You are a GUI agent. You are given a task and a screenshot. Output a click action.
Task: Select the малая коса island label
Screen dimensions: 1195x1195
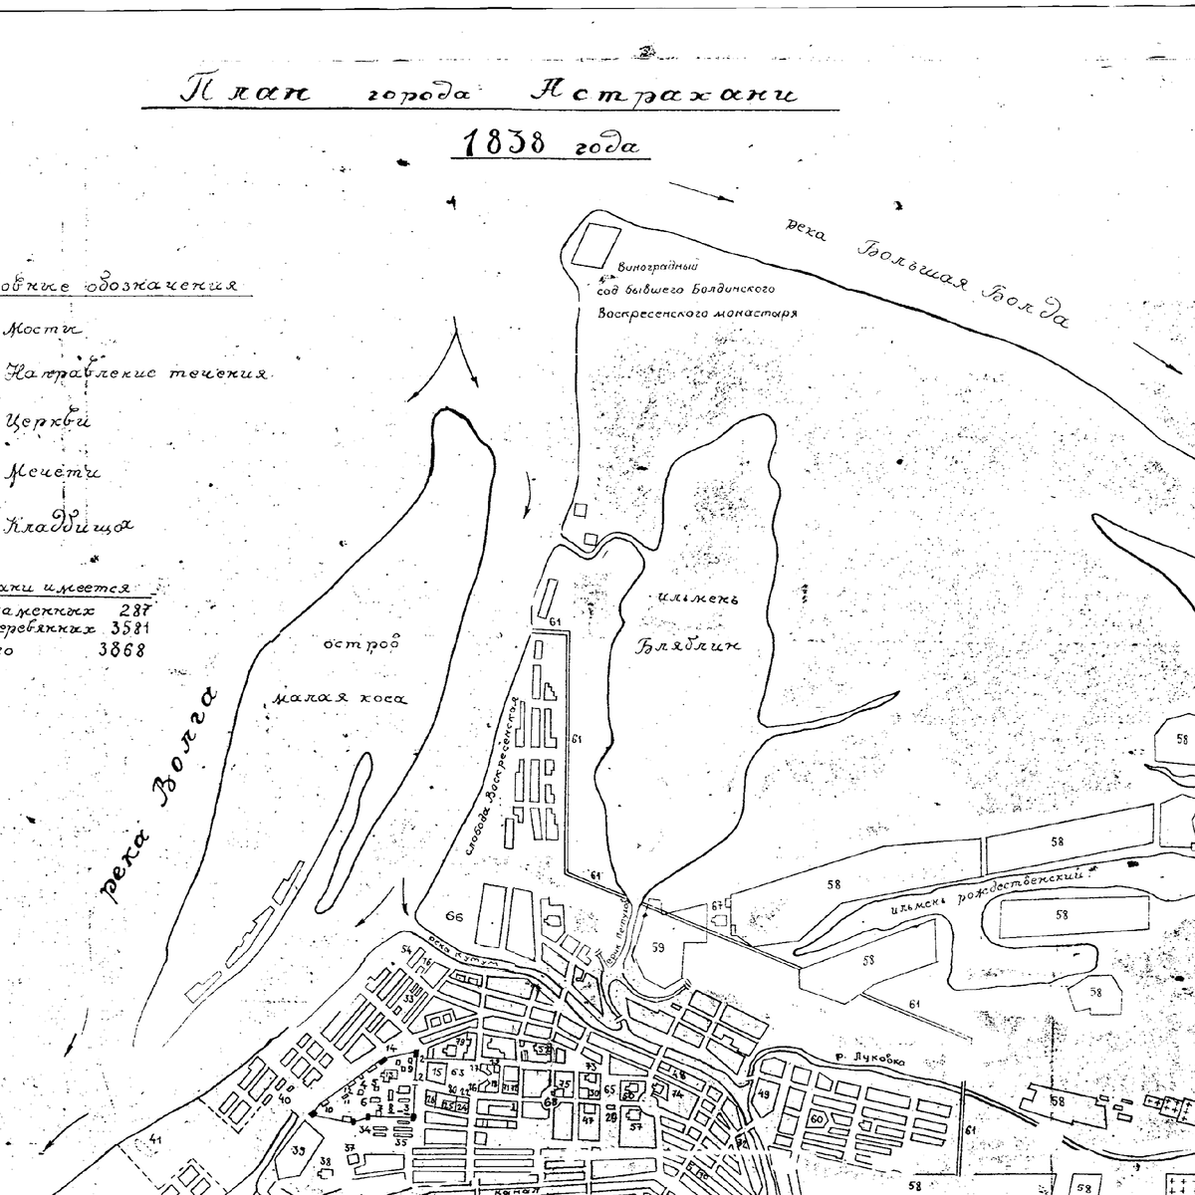tap(340, 697)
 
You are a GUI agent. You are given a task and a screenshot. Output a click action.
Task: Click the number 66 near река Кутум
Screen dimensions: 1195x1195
tap(455, 915)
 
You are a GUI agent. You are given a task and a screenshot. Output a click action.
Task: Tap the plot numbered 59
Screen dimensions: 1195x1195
tap(657, 947)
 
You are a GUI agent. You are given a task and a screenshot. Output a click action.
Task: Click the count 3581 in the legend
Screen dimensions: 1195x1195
tap(125, 628)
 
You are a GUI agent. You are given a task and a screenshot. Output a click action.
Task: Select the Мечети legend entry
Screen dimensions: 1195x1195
tap(55, 472)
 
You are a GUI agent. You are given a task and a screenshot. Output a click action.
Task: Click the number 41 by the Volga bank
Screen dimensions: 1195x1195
tap(154, 1139)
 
